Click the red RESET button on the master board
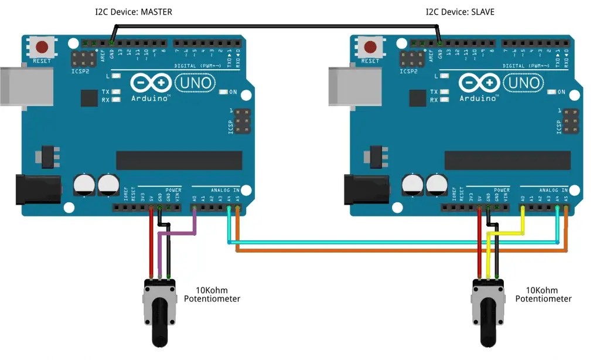42,47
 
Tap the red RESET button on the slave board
370,47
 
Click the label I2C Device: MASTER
134,12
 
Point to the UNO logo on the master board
196,83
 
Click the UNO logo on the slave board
524,83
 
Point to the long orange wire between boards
398,251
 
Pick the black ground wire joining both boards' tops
275,26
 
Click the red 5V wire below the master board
151,246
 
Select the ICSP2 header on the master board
83,59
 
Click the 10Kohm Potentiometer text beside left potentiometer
212,294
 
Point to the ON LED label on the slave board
561,92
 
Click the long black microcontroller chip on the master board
179,159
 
